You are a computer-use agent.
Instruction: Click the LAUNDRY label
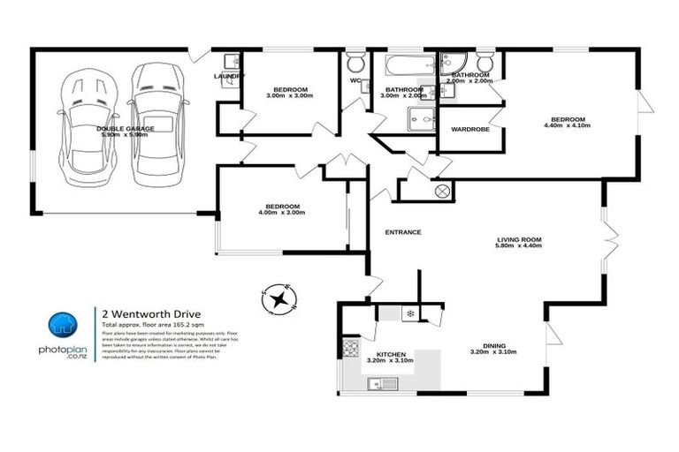[228, 77]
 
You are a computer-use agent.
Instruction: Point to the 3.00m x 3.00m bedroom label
[289, 93]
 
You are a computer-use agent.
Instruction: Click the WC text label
[355, 81]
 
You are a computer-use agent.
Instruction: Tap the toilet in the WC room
[355, 63]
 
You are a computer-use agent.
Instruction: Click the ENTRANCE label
[402, 232]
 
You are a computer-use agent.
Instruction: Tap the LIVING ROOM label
[518, 243]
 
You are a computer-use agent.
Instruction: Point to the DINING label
[488, 348]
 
